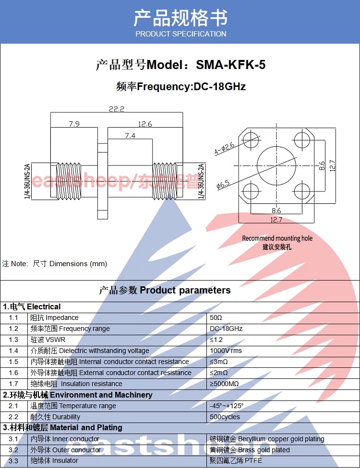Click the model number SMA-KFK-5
[231, 65]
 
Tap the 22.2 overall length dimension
[116, 109]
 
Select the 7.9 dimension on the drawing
[74, 124]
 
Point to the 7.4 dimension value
[130, 135]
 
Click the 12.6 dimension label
[145, 124]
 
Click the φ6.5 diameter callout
[223, 184]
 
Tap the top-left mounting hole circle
[251, 140]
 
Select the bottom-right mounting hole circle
[302, 191]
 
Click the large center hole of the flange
[276, 166]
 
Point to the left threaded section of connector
[69, 181]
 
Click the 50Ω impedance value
[216, 317]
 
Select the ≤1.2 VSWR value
[216, 340]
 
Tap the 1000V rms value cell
[226, 351]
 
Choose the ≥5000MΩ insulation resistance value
[225, 384]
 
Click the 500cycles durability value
[225, 417]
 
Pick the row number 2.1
[13, 406]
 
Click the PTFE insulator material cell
[236, 460]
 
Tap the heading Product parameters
[185, 290]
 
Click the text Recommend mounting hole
[277, 238]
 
